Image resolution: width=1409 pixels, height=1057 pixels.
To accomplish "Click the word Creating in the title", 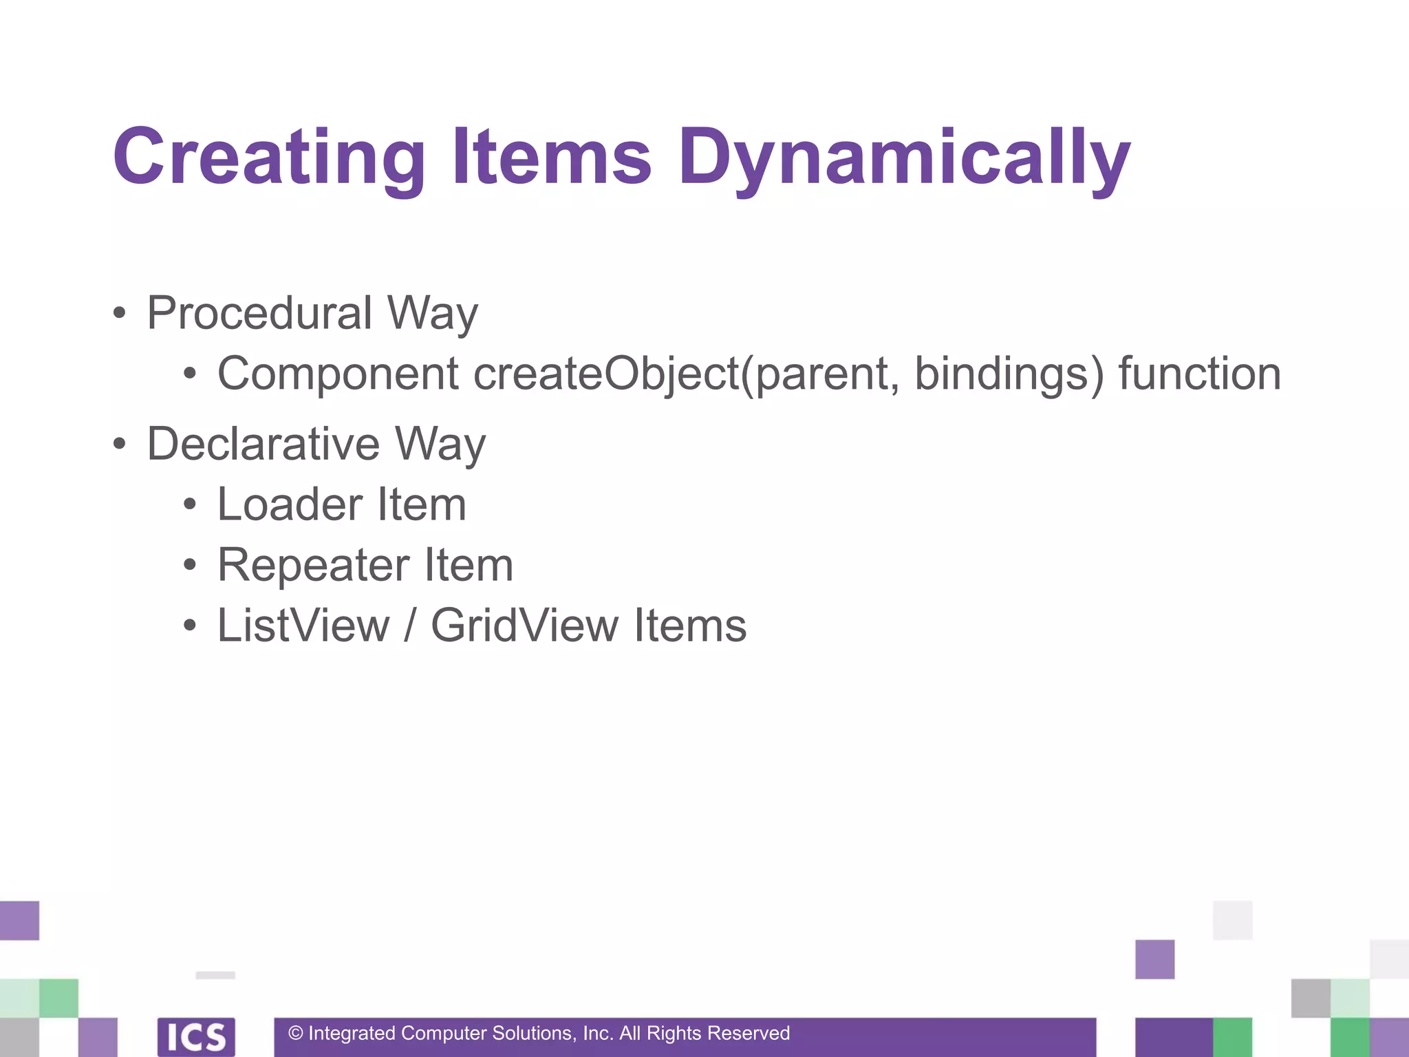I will pyautogui.click(x=269, y=158).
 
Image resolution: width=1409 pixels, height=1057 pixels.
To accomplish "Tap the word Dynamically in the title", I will pyautogui.click(x=904, y=158).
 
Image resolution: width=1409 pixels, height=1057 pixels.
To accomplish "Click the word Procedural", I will pyautogui.click(x=259, y=313).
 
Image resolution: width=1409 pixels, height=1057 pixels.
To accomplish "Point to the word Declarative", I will pyautogui.click(x=263, y=444).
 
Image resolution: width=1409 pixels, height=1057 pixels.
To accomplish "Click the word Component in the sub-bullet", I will pyautogui.click(x=338, y=374).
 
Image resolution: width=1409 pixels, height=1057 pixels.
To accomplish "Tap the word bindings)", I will pyautogui.click(x=1008, y=374).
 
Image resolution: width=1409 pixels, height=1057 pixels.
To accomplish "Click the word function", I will pyautogui.click(x=1199, y=374).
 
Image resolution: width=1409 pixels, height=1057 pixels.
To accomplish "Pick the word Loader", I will pyautogui.click(x=290, y=504).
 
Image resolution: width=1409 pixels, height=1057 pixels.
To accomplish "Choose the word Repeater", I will pyautogui.click(x=312, y=565).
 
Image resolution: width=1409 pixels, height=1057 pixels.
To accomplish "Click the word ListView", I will pyautogui.click(x=303, y=626).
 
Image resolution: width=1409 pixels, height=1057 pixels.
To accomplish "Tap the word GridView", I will pyautogui.click(x=524, y=626).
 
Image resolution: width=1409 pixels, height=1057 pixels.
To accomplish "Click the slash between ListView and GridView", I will pyautogui.click(x=410, y=626).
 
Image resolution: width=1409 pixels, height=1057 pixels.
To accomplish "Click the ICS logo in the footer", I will pyautogui.click(x=196, y=1036).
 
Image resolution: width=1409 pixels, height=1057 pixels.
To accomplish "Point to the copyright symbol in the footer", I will pyautogui.click(x=296, y=1033).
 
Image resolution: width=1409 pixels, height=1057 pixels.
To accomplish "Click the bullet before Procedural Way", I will pyautogui.click(x=120, y=313).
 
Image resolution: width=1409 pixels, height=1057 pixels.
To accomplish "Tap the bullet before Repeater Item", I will pyautogui.click(x=190, y=566).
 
